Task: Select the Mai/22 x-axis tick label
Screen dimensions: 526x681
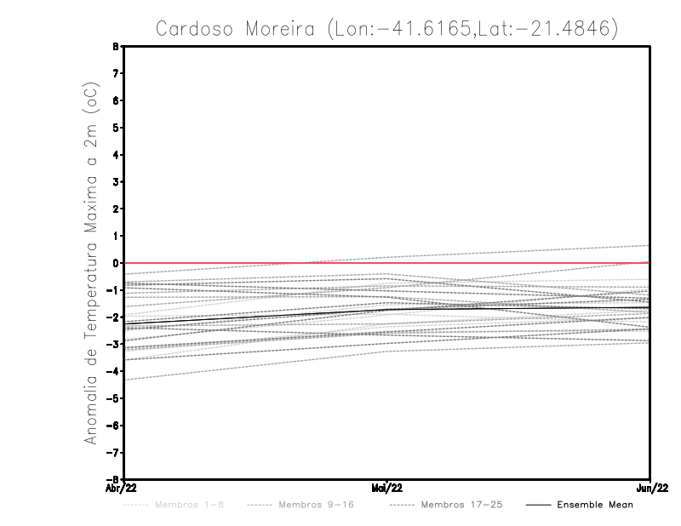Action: pyautogui.click(x=387, y=488)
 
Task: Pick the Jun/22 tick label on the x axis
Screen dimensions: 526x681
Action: pyautogui.click(x=650, y=488)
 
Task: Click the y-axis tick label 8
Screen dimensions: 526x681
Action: pyautogui.click(x=115, y=47)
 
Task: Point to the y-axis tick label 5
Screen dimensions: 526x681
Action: pyautogui.click(x=115, y=128)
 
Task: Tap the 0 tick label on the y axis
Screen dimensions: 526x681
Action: pyautogui.click(x=115, y=263)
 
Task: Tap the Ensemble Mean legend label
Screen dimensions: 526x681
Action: pyautogui.click(x=594, y=505)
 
